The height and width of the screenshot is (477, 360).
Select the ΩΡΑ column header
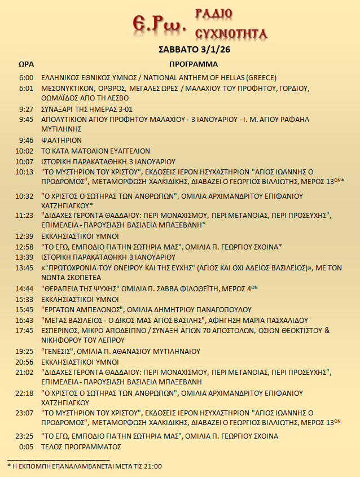pyautogui.click(x=25, y=64)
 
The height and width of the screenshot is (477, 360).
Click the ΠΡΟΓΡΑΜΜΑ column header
pyautogui.click(x=194, y=64)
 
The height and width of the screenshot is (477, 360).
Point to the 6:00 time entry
pyautogui.click(x=26, y=78)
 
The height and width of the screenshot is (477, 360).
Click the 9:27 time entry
pyautogui.click(x=26, y=109)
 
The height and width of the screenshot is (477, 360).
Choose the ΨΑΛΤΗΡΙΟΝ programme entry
pyautogui.click(x=62, y=140)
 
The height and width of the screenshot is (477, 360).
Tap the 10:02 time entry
pyautogui.click(x=24, y=151)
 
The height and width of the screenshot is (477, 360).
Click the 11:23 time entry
pyautogui.click(x=24, y=215)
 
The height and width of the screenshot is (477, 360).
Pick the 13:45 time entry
pyautogui.click(x=24, y=268)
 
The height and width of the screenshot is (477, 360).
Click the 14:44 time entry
pyautogui.click(x=24, y=288)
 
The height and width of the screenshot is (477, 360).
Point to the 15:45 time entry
pyautogui.click(x=24, y=309)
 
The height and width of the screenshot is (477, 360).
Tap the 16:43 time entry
pyautogui.click(x=24, y=320)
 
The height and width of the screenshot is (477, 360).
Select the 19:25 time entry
pyautogui.click(x=24, y=351)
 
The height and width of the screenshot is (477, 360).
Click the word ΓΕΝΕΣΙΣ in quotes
pyautogui.click(x=58, y=351)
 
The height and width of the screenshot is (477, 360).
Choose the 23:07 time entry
pyautogui.click(x=24, y=414)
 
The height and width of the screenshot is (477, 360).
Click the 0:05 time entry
pyautogui.click(x=27, y=447)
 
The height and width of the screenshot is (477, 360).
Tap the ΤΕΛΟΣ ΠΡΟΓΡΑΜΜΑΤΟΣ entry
pyautogui.click(x=82, y=447)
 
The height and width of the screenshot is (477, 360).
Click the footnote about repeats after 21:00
pyautogui.click(x=85, y=466)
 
